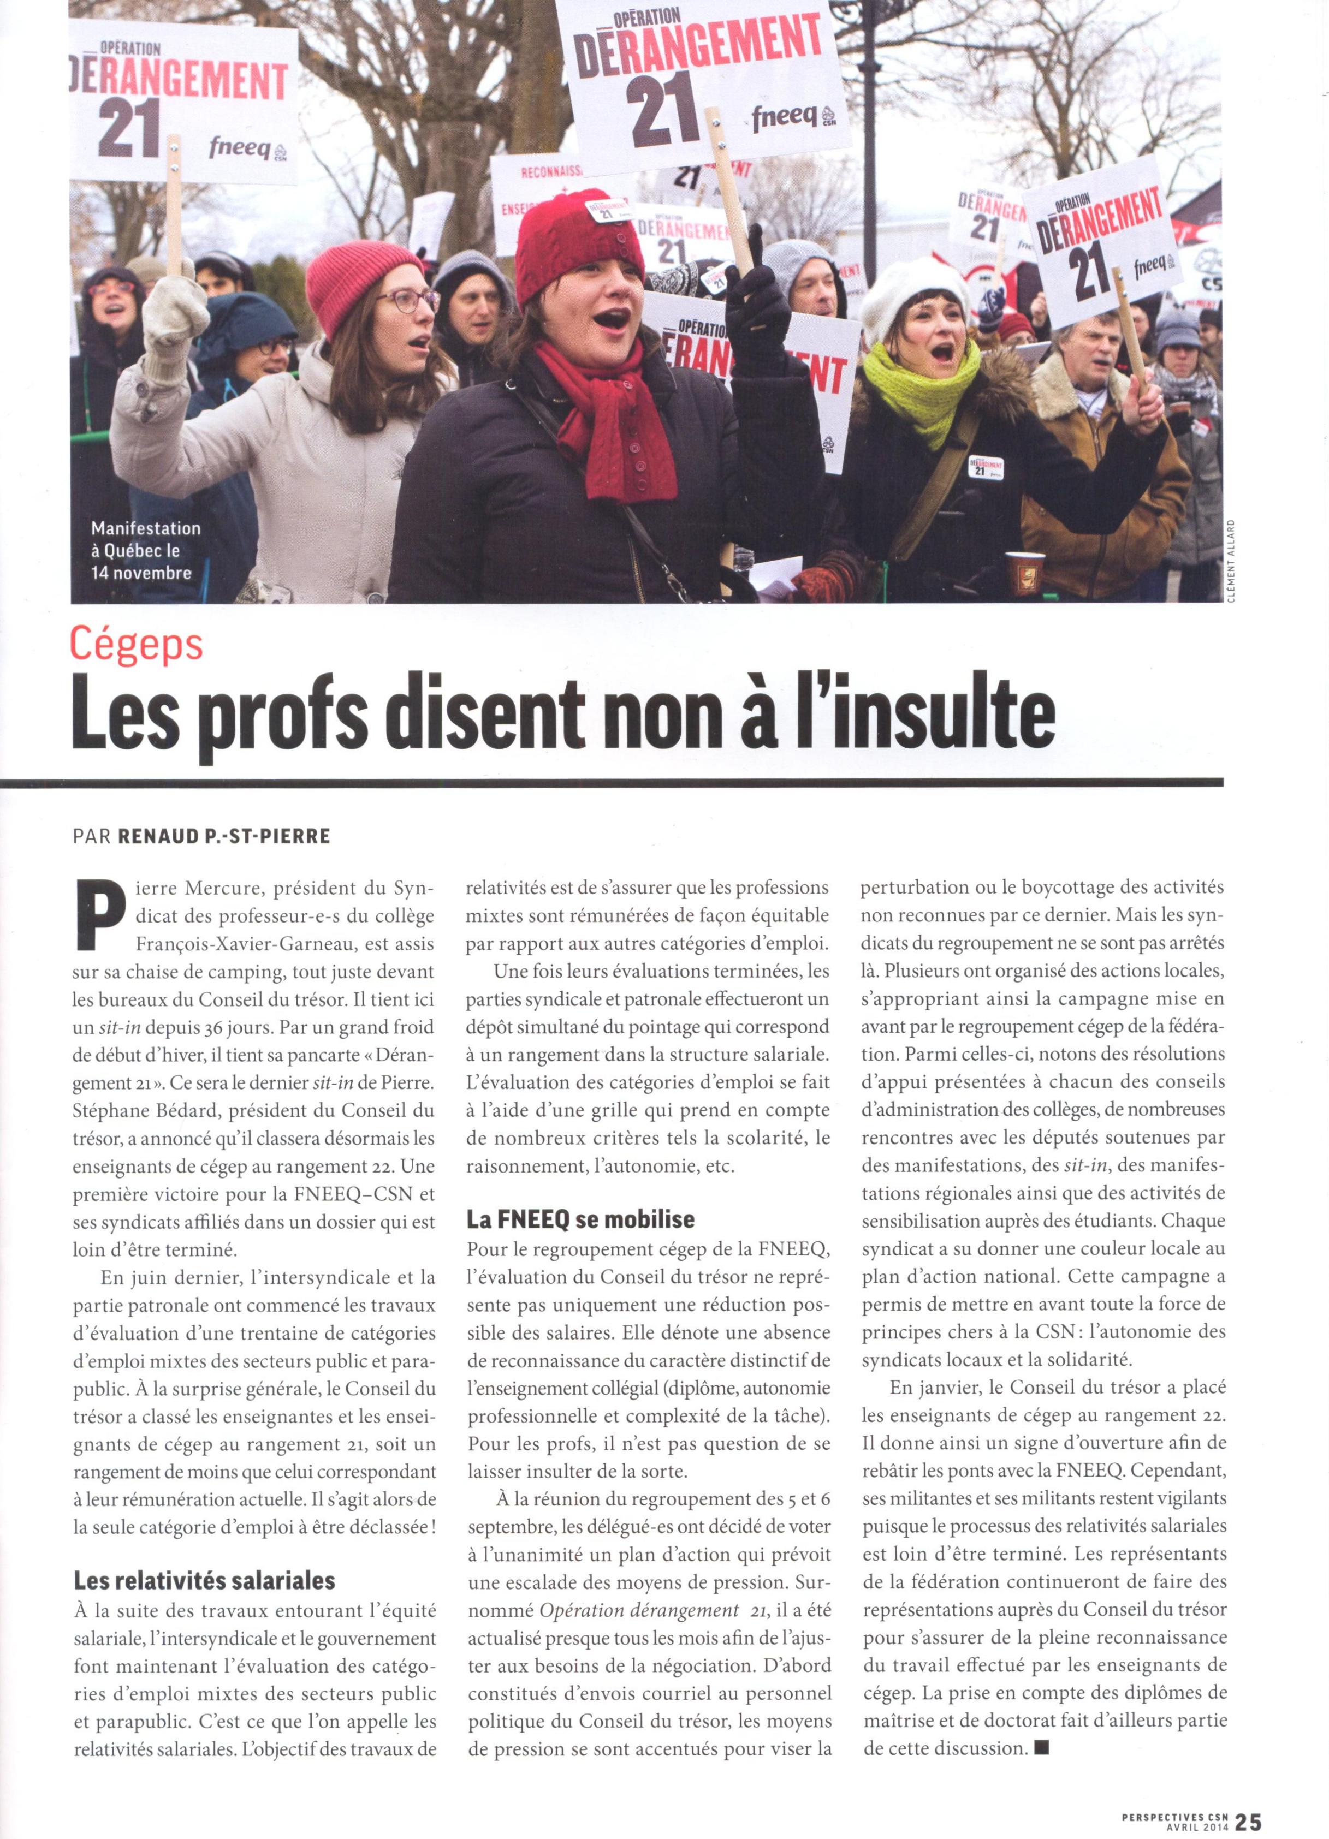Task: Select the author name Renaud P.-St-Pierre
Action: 224,836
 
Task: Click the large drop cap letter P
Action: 92,916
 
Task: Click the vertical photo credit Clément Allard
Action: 1231,558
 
